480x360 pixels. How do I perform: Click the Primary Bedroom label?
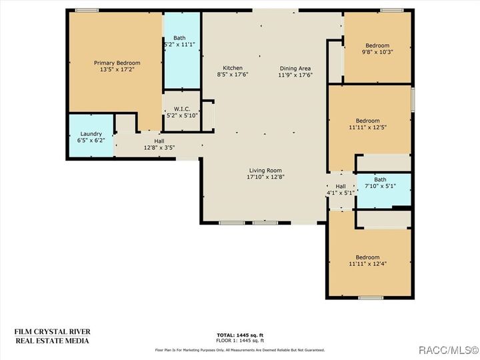pyautogui.click(x=117, y=63)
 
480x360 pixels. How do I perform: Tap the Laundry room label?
pyautogui.click(x=91, y=134)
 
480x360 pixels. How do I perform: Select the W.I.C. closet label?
pyautogui.click(x=182, y=109)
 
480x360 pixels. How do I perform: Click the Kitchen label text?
pyautogui.click(x=233, y=68)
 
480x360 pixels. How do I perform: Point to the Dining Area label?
pyautogui.click(x=295, y=68)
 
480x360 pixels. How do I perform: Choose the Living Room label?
pyautogui.click(x=265, y=170)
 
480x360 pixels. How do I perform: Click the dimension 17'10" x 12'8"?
pyautogui.click(x=265, y=177)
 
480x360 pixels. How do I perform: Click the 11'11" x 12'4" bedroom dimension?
pyautogui.click(x=367, y=264)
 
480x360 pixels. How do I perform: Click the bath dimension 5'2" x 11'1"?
pyautogui.click(x=179, y=45)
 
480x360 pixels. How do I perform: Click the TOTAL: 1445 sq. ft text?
pyautogui.click(x=239, y=335)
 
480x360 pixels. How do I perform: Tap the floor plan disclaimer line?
pyautogui.click(x=239, y=350)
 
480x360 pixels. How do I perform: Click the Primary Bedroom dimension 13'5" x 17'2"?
pyautogui.click(x=117, y=69)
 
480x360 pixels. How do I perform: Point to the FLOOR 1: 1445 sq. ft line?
pyautogui.click(x=239, y=340)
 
